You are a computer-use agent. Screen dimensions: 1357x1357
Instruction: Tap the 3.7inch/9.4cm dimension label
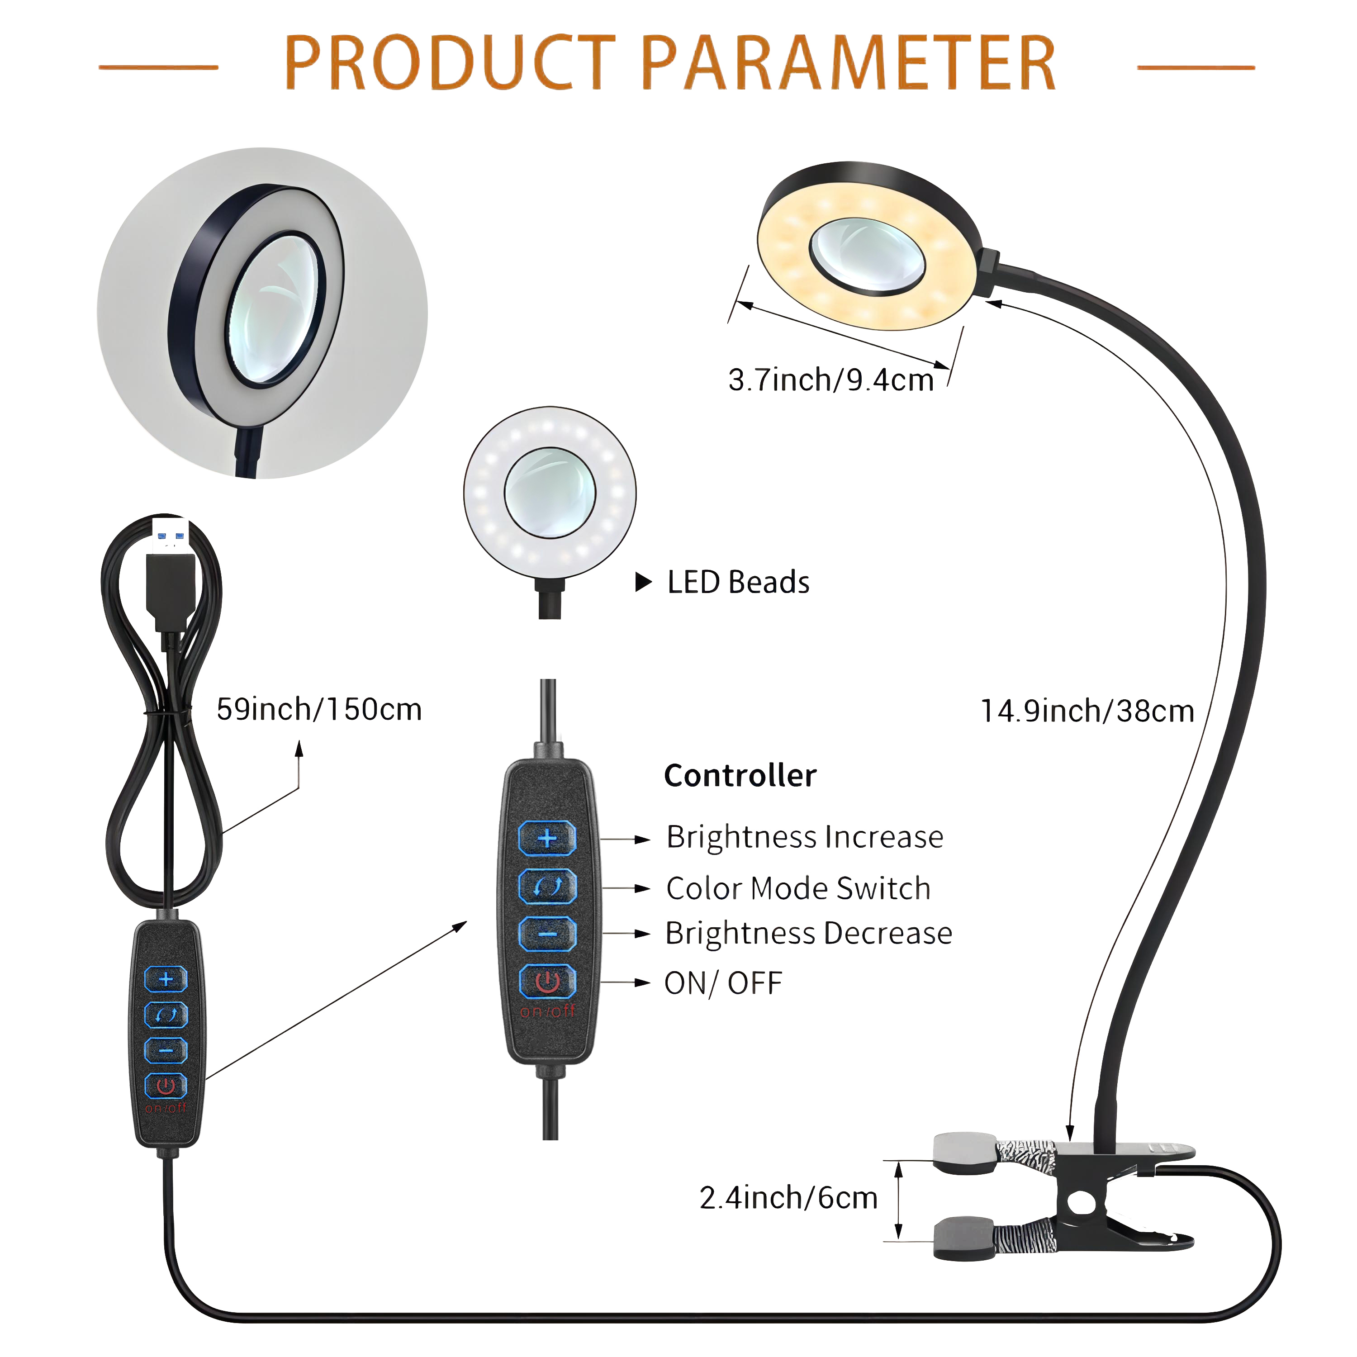pos(831,380)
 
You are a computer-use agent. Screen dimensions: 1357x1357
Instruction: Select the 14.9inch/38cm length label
pos(1087,711)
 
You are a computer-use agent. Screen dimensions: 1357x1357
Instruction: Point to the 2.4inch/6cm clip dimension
pos(788,1198)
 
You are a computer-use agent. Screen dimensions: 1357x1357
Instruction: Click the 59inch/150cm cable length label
pos(319,709)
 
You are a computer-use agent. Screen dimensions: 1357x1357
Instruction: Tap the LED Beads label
pos(738,582)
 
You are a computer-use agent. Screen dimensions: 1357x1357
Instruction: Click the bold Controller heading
pos(740,775)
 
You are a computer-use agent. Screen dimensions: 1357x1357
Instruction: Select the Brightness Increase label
pos(805,836)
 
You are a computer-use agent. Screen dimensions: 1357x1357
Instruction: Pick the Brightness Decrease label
pos(808,934)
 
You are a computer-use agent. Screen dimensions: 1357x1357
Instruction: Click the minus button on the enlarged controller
pos(547,934)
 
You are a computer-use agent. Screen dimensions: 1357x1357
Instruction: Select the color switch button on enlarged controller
pos(547,887)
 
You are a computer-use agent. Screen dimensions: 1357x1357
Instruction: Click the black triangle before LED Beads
pos(643,582)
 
